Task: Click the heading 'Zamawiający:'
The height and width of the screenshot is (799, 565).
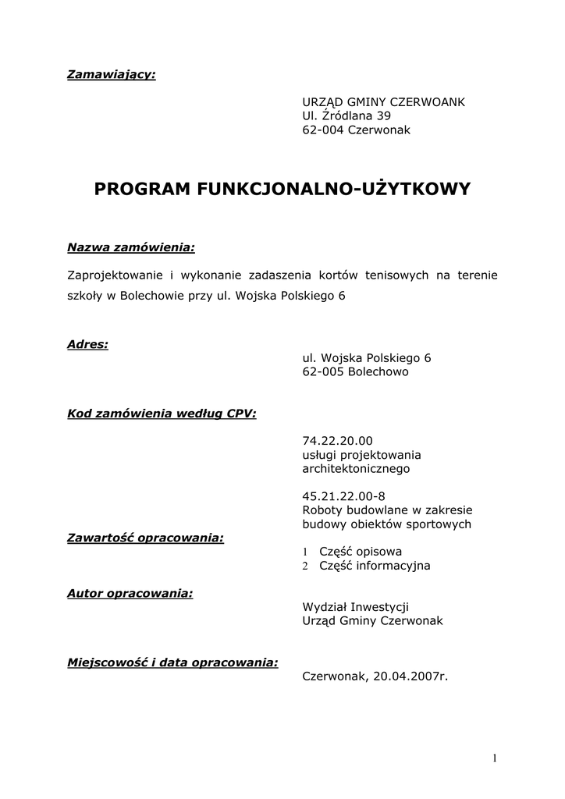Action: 111,75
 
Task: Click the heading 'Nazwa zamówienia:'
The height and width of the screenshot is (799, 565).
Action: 131,247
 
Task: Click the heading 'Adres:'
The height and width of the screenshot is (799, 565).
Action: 87,343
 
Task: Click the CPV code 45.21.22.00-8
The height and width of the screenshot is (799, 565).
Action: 343,496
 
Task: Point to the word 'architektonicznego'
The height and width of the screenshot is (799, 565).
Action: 355,469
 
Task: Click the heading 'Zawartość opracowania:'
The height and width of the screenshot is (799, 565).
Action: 146,538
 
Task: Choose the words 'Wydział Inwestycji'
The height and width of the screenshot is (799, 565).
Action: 355,606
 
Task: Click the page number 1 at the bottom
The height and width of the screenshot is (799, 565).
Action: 495,758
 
